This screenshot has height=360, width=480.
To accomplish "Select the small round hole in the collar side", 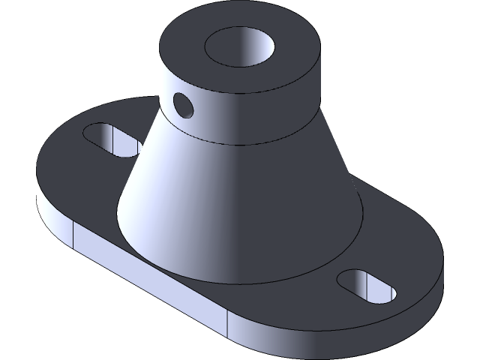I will click(182, 103).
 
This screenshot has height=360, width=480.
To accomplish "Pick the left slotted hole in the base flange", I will click(111, 140).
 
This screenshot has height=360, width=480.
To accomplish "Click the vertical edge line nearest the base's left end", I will click(73, 238).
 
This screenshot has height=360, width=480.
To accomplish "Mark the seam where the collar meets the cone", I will click(247, 140).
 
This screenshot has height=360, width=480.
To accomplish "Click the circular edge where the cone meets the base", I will click(247, 282).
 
